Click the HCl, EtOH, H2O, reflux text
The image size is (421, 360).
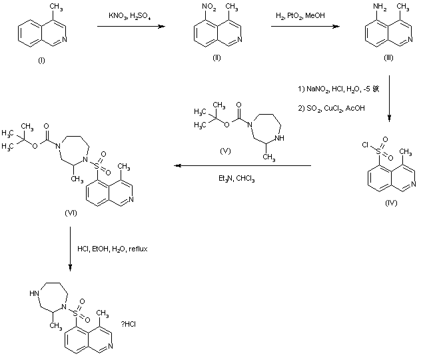(x=112, y=249)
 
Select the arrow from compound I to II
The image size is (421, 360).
(x=131, y=27)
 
